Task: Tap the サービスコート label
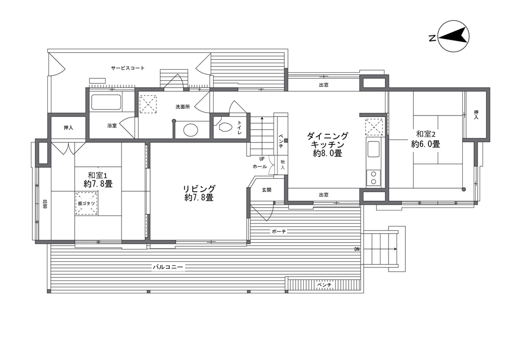click(x=127, y=68)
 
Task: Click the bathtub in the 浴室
click(x=106, y=102)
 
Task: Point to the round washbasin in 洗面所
click(x=191, y=130)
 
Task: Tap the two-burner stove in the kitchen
click(x=374, y=178)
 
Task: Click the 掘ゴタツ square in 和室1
click(x=87, y=203)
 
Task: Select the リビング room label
click(x=199, y=189)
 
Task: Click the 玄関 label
click(x=267, y=190)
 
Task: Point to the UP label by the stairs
click(x=262, y=159)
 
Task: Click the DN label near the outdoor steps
click(x=357, y=249)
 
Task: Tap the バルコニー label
click(x=168, y=267)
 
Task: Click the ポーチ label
click(x=279, y=232)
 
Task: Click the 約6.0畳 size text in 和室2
click(x=425, y=144)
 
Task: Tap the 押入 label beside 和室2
click(x=476, y=115)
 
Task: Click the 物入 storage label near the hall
click(x=283, y=164)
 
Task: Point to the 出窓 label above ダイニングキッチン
click(x=324, y=85)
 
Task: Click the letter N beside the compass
click(x=432, y=38)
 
